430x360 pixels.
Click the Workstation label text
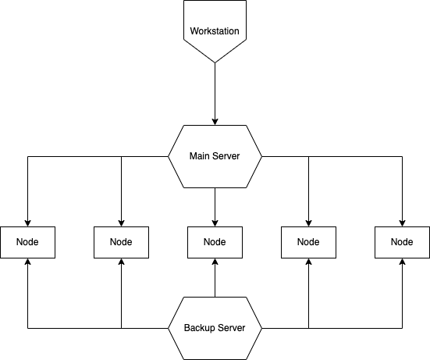pos(215,31)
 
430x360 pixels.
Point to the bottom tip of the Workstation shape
pos(215,62)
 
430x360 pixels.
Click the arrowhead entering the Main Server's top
pos(215,122)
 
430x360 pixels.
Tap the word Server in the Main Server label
pos(226,156)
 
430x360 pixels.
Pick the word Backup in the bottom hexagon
pos(197,328)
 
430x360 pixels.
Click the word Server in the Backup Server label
pos(232,328)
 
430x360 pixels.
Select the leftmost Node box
pos(27,242)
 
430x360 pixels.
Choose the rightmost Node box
pos(403,242)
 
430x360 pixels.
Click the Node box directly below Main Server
pos(215,242)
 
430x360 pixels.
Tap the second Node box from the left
pos(122,242)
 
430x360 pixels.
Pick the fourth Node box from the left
pos(308,242)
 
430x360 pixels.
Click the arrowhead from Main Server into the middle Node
pos(215,223)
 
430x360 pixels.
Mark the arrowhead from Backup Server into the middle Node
pos(215,262)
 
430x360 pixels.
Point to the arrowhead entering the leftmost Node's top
pos(27,223)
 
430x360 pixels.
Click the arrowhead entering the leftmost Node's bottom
pos(27,262)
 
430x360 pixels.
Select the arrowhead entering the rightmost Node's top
pos(403,223)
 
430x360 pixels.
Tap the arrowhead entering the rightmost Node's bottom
pos(403,262)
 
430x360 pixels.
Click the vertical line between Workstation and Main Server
pos(215,94)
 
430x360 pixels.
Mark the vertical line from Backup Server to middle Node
pos(215,278)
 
